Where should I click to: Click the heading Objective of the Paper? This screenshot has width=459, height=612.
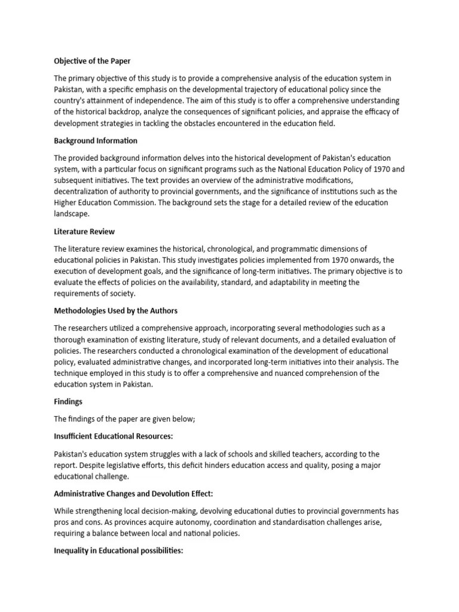pyautogui.click(x=93, y=61)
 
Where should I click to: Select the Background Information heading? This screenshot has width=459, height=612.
pyautogui.click(x=96, y=140)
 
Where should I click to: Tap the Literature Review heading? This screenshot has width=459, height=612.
pyautogui.click(x=84, y=231)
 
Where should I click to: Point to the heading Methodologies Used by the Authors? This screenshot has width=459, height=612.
pyautogui.click(x=115, y=311)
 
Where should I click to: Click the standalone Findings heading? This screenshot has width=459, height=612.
pyautogui.click(x=68, y=402)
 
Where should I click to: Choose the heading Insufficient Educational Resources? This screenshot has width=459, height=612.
pyautogui.click(x=114, y=436)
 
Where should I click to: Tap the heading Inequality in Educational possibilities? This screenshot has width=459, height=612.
pyautogui.click(x=118, y=550)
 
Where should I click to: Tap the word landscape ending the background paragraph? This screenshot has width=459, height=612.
pyautogui.click(x=72, y=214)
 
